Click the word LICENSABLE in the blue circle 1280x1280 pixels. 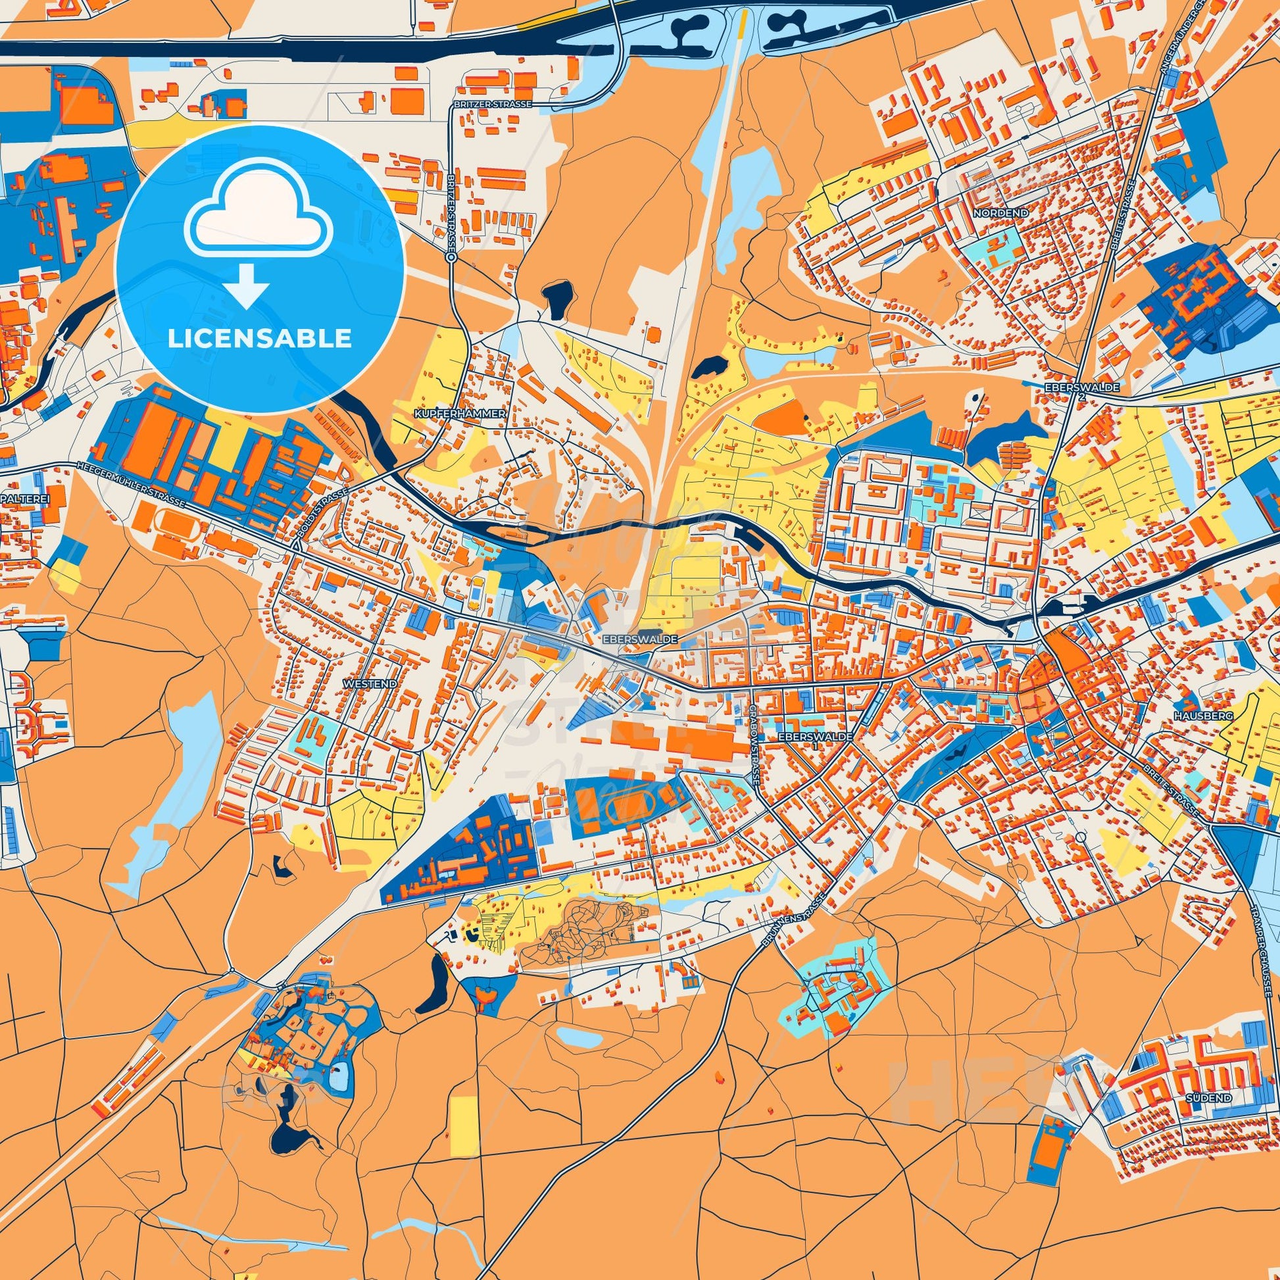coord(259,339)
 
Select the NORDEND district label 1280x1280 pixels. coord(1000,213)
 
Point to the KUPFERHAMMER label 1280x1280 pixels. coord(459,413)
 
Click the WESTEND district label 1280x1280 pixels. coord(370,682)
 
